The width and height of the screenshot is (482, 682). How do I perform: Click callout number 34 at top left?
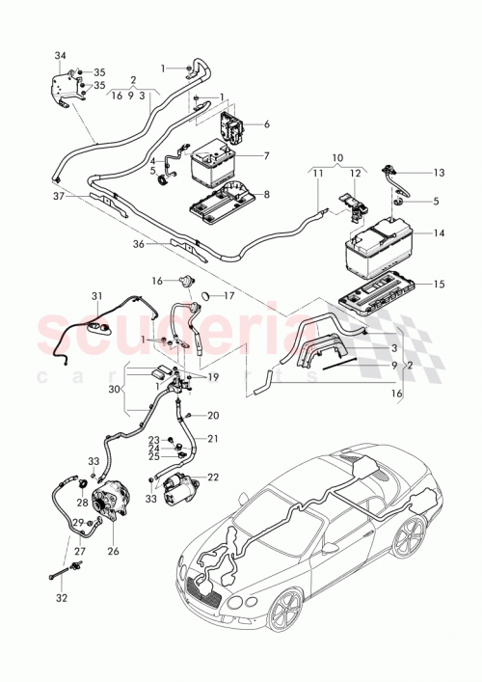coord(60,55)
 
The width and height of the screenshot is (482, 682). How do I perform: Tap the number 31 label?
coord(96,295)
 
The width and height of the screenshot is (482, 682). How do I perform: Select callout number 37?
coord(58,196)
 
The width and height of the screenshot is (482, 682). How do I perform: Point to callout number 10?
coord(337,156)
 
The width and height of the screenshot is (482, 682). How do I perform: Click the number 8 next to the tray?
coord(266,194)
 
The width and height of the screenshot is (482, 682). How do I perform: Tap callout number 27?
coord(80,552)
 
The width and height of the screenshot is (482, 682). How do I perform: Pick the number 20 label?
coord(213,416)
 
